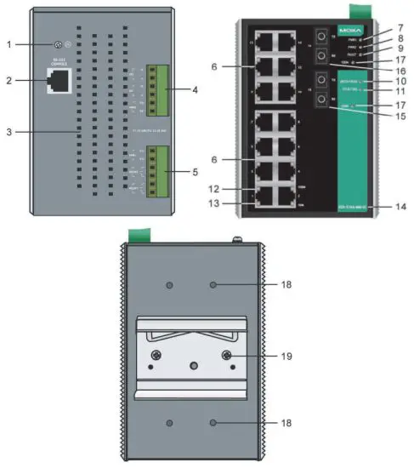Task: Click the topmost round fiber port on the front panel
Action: pyautogui.click(x=321, y=37)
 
